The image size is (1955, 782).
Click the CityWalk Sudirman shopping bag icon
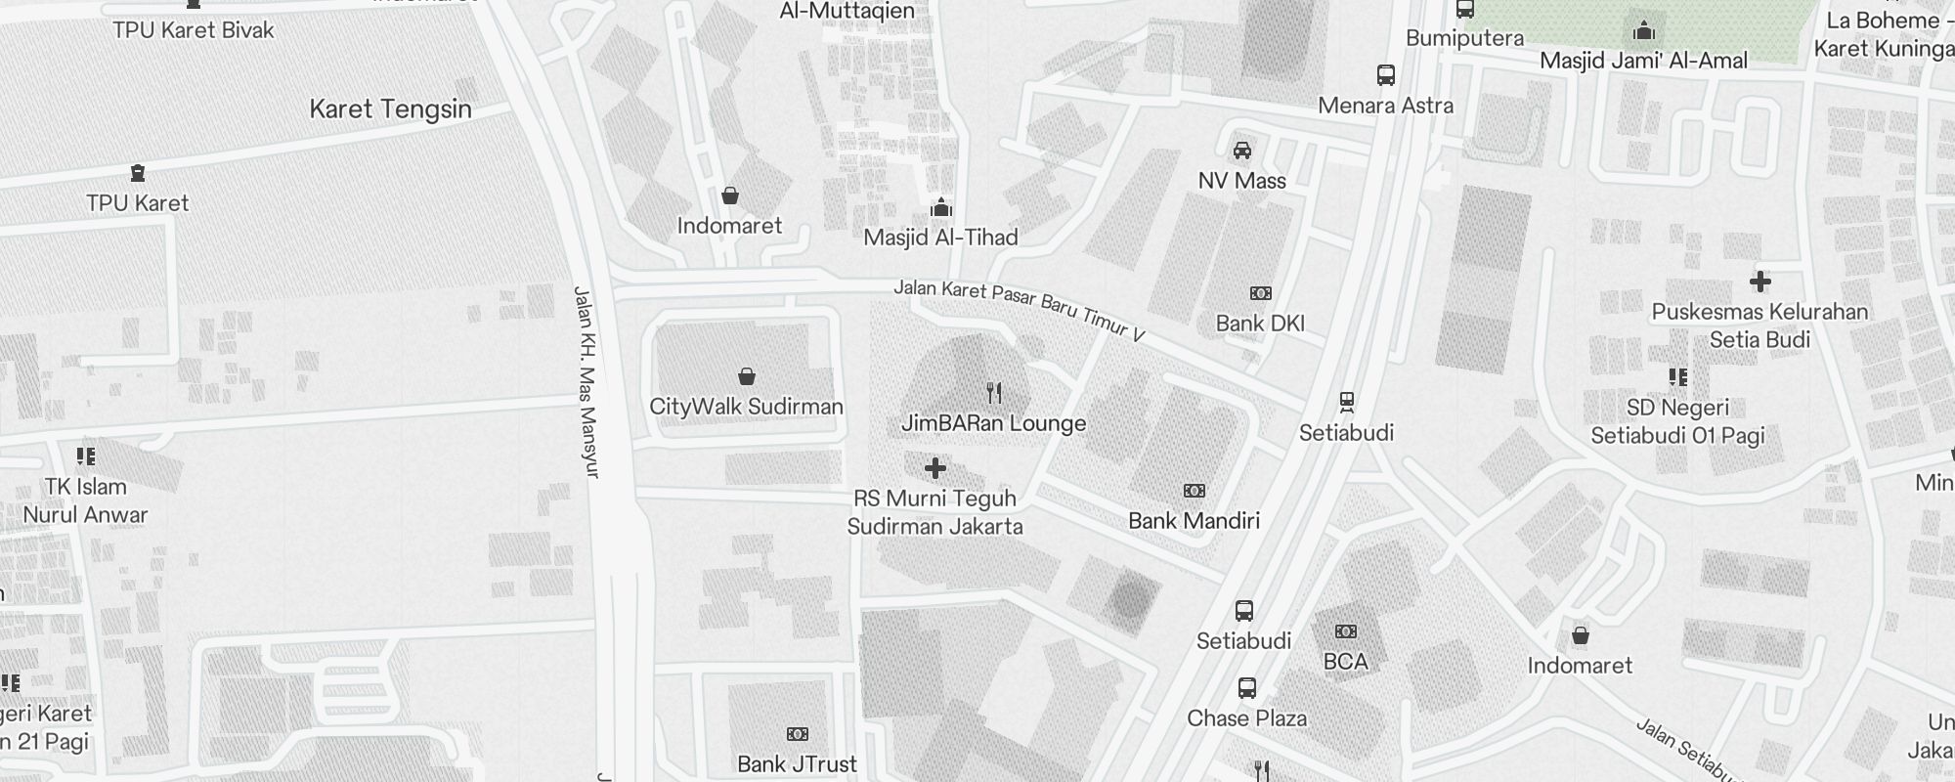(x=746, y=376)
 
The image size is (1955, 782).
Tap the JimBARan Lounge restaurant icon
(x=993, y=393)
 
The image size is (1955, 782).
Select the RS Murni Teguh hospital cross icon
(x=935, y=468)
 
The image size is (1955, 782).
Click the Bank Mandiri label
(x=1194, y=520)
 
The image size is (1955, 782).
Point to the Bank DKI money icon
(x=1261, y=293)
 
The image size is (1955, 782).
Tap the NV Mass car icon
(x=1241, y=151)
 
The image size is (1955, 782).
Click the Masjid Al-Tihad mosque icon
(x=941, y=207)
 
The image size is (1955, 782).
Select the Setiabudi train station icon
(x=1346, y=402)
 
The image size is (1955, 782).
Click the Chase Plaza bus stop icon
(x=1246, y=687)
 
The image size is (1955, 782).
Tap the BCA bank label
(x=1345, y=662)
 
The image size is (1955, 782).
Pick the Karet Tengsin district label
(x=390, y=109)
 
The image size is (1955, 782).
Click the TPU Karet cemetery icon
(x=137, y=173)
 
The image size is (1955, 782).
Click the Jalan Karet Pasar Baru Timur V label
(x=1019, y=311)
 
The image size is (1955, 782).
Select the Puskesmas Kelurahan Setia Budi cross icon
(x=1759, y=282)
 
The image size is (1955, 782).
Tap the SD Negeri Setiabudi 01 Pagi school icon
(x=1677, y=377)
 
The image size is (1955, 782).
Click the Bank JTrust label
(x=797, y=763)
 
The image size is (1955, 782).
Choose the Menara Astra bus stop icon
(x=1385, y=75)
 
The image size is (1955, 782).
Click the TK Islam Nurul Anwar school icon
(x=86, y=456)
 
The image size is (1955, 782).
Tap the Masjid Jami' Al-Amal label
(x=1643, y=61)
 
